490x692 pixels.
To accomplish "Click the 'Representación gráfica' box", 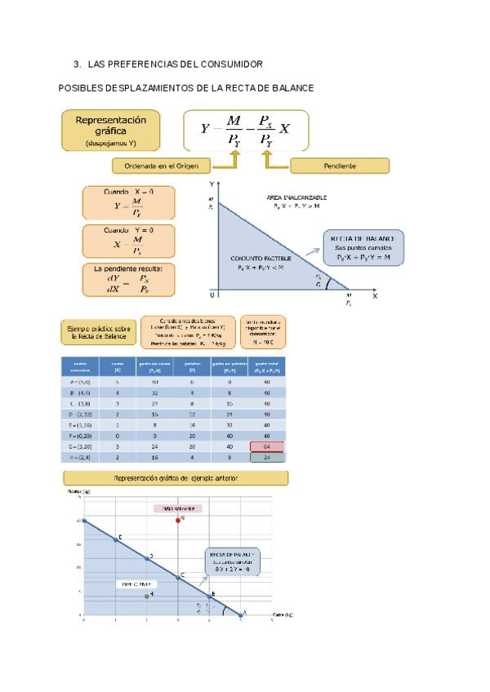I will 110,131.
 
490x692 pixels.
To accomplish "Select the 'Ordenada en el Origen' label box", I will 161,166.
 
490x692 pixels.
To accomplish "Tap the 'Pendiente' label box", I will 339,166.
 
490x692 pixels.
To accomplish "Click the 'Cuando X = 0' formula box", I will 127,202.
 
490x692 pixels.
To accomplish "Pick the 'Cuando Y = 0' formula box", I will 127,241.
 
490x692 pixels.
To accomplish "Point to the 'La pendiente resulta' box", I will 127,280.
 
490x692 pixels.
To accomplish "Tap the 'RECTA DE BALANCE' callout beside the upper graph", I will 363,247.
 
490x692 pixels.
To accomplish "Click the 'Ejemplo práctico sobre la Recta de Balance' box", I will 96,331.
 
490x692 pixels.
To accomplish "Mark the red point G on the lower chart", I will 178,520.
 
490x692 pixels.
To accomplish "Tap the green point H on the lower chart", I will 146,597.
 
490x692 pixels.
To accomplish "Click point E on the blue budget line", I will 115,539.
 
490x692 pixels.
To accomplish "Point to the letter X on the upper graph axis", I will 376,296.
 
